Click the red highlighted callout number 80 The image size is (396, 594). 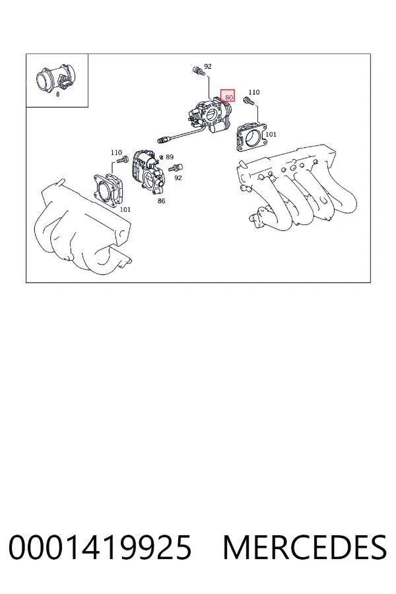click(228, 97)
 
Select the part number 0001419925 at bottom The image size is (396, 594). click(100, 547)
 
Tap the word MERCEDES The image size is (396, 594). click(305, 547)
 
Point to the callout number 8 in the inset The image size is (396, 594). click(57, 94)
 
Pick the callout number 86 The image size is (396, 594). click(162, 201)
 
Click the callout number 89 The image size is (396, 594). click(170, 157)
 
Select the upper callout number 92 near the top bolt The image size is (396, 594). click(208, 66)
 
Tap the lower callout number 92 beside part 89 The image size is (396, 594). click(178, 178)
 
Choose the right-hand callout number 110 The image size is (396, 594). click(254, 92)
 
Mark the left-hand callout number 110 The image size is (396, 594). click(116, 152)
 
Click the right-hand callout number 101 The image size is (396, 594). click(271, 134)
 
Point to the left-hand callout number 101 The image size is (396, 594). click(125, 209)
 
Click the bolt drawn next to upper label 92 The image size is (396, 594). click(197, 70)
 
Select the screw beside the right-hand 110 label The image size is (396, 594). click(247, 100)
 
